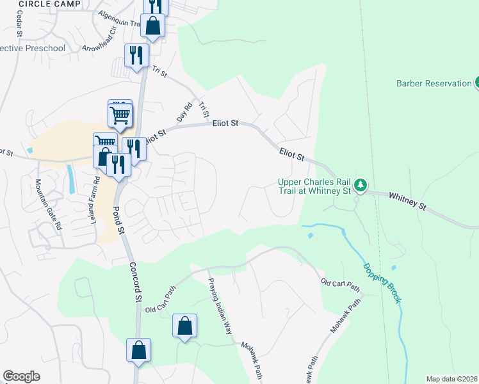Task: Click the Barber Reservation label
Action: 434,83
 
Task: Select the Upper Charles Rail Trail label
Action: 314,186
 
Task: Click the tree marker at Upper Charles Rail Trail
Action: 361,186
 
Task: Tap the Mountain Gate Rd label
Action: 48,204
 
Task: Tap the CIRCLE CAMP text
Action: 50,4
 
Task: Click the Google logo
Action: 21,376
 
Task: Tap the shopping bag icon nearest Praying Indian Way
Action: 184,327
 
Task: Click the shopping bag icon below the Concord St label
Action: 138,351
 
